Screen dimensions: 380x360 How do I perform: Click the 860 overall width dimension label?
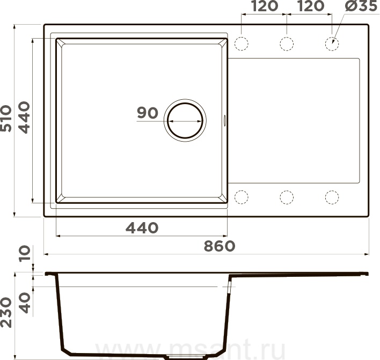pos(220,246)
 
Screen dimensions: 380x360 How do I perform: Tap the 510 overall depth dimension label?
pos(6,119)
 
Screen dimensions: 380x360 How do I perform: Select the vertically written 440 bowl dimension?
pos(25,117)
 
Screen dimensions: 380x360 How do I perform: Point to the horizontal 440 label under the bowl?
pos(142,227)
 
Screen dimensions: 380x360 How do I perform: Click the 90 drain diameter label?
pos(148,113)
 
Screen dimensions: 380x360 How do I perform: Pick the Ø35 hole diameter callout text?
pos(361,6)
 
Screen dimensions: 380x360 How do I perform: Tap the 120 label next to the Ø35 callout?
pos(311,6)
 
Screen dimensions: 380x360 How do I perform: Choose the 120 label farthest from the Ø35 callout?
pos(265,6)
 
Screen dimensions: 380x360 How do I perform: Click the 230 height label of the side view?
pos(6,312)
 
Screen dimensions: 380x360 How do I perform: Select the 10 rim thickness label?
pos(25,253)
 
